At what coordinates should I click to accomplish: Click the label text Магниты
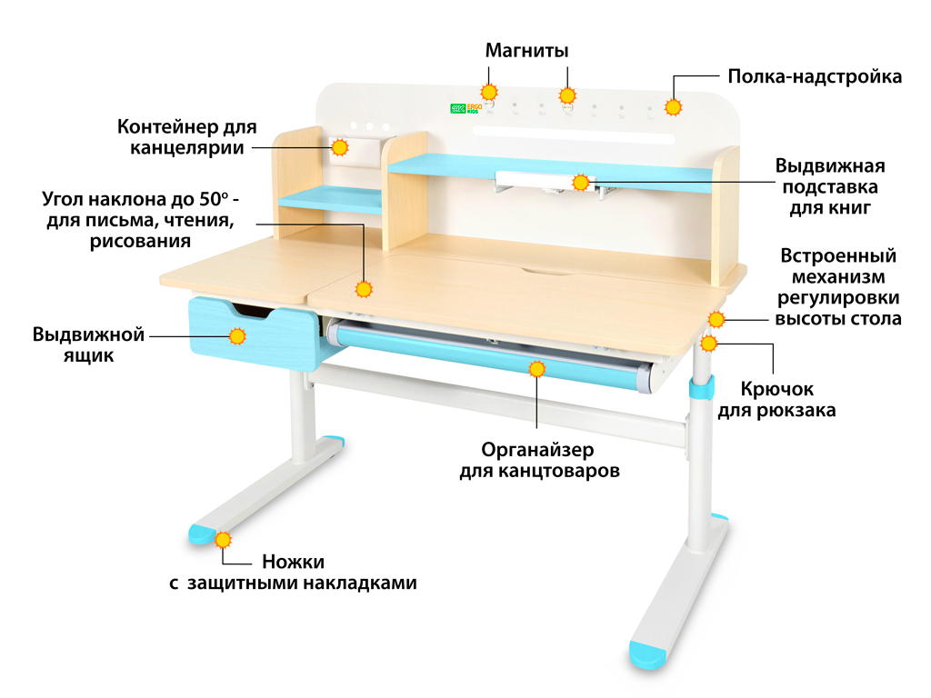pyautogui.click(x=526, y=50)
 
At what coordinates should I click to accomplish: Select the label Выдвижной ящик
pyautogui.click(x=88, y=344)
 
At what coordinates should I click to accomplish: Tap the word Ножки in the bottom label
pyautogui.click(x=293, y=562)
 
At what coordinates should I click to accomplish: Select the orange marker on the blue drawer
pyautogui.click(x=238, y=336)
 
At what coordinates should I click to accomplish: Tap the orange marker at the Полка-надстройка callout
pyautogui.click(x=673, y=107)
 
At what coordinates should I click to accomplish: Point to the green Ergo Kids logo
pyautogui.click(x=466, y=107)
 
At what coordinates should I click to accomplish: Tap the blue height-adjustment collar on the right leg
pyautogui.click(x=699, y=389)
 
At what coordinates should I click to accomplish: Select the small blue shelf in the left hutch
pyautogui.click(x=330, y=199)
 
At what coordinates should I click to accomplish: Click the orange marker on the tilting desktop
pyautogui.click(x=364, y=289)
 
